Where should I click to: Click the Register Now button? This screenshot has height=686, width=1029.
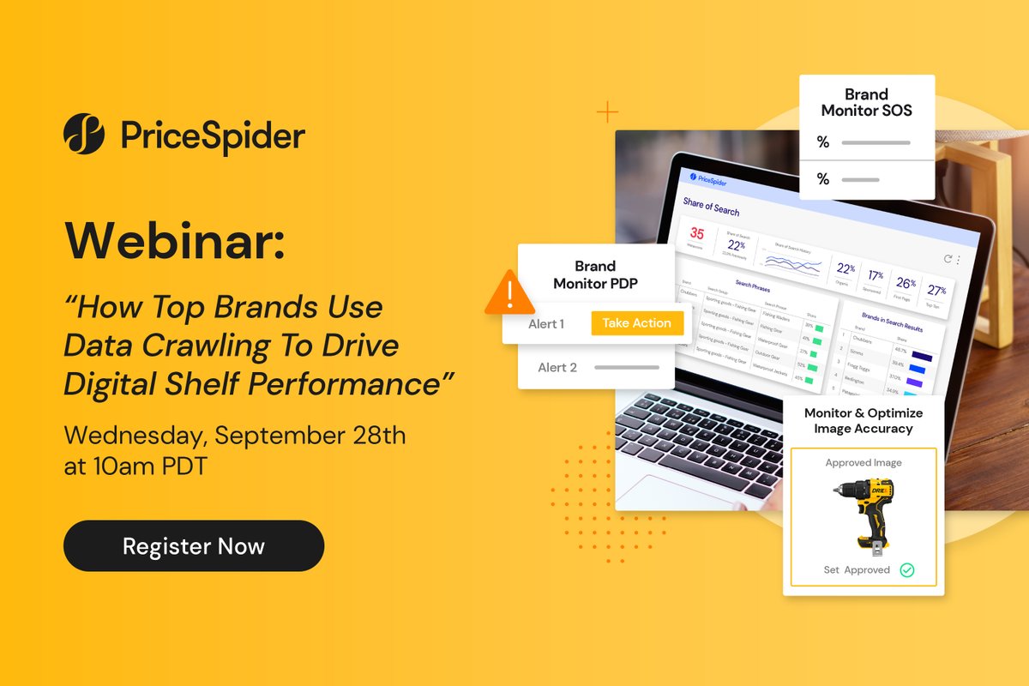pos(194,546)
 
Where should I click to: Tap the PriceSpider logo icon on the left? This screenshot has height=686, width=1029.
pos(84,135)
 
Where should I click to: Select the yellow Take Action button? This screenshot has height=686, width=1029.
pos(637,323)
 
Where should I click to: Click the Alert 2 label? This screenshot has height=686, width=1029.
pos(557,367)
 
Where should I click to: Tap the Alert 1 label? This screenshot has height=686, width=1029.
pos(546,324)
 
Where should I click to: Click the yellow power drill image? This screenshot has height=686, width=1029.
pos(863,513)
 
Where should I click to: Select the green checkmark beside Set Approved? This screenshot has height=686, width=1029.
pos(906,569)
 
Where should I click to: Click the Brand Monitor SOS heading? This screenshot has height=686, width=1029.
pos(866,102)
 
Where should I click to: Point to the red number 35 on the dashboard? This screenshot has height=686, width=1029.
pos(697,234)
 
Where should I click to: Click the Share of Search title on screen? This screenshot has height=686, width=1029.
pos(711,206)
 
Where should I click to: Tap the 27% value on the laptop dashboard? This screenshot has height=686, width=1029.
pos(936,290)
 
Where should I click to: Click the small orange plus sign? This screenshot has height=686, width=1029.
pos(607,112)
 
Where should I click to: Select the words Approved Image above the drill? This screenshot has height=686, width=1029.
pos(864,463)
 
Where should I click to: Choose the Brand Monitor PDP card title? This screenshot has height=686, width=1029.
pos(595,274)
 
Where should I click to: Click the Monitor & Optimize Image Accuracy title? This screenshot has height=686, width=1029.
pos(864,420)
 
